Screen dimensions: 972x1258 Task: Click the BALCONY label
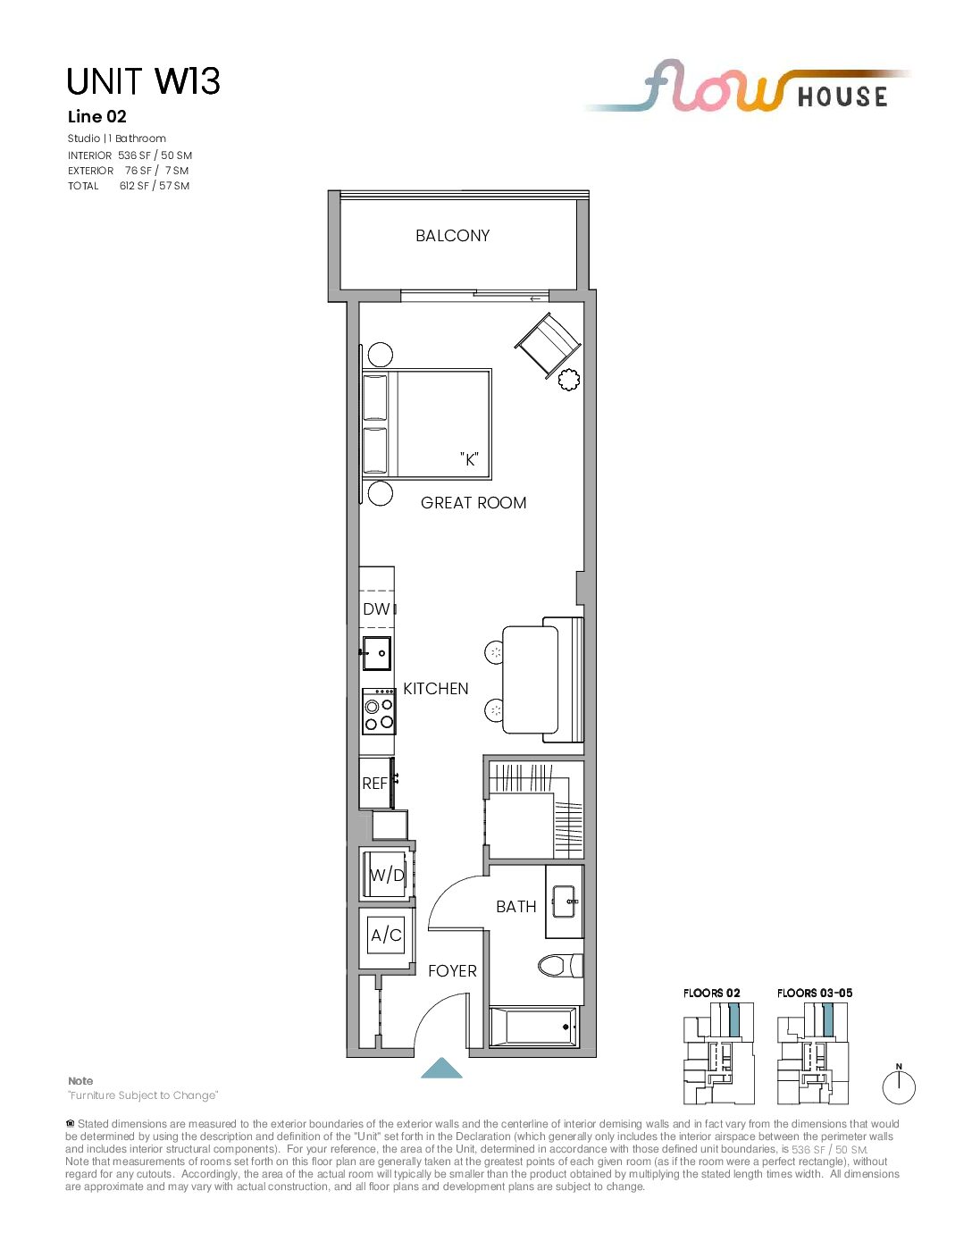coord(452,236)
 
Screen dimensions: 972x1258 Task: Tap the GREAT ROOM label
coord(473,502)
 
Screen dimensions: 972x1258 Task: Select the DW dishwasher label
coord(376,609)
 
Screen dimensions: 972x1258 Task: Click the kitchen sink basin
coord(377,653)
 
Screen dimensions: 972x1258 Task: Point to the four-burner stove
coord(379,711)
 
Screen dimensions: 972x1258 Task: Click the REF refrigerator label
coord(374,784)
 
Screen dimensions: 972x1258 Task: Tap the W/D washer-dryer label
coord(387,875)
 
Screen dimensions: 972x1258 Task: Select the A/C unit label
coord(386,935)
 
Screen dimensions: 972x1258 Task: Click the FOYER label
coord(452,971)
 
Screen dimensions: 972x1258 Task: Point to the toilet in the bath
coord(560,965)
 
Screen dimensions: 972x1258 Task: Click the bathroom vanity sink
coord(565,902)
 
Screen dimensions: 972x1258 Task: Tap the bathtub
coord(533,1027)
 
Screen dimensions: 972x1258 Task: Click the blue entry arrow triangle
coord(441,1068)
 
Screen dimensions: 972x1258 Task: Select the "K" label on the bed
coord(469,459)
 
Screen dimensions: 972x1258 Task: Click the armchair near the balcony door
coord(547,346)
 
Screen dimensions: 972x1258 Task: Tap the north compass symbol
coord(899,1086)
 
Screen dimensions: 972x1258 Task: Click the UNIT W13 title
coord(144,81)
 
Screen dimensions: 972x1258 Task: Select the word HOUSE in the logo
coord(842,96)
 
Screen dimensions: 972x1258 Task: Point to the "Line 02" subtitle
coord(96,117)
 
